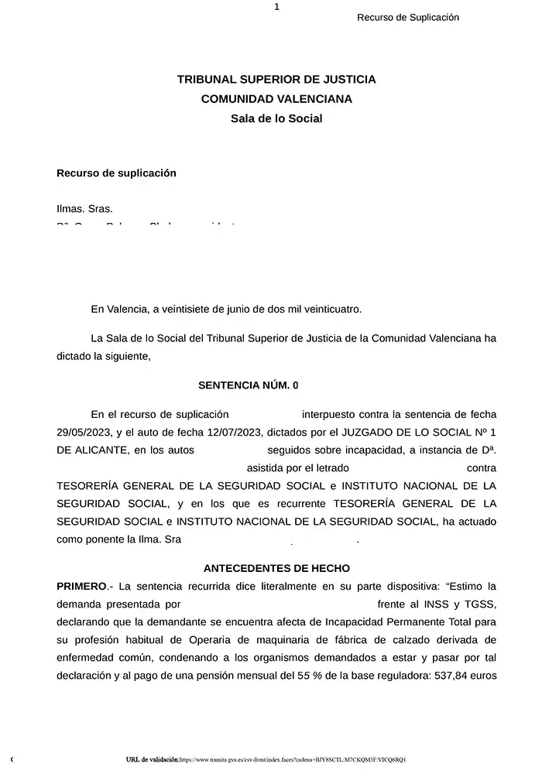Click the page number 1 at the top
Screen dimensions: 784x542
click(276, 7)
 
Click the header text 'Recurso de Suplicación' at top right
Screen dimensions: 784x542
click(408, 18)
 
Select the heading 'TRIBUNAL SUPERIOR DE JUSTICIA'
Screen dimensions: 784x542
click(276, 79)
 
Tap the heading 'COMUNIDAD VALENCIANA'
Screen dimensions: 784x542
click(276, 99)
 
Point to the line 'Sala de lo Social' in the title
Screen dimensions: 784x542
click(276, 118)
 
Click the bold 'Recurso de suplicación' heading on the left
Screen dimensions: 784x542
click(116, 173)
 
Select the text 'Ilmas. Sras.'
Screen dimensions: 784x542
click(84, 209)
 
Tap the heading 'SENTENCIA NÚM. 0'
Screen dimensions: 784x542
click(248, 385)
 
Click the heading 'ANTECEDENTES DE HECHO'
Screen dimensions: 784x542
click(276, 568)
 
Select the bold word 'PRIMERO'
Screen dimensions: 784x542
click(81, 586)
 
